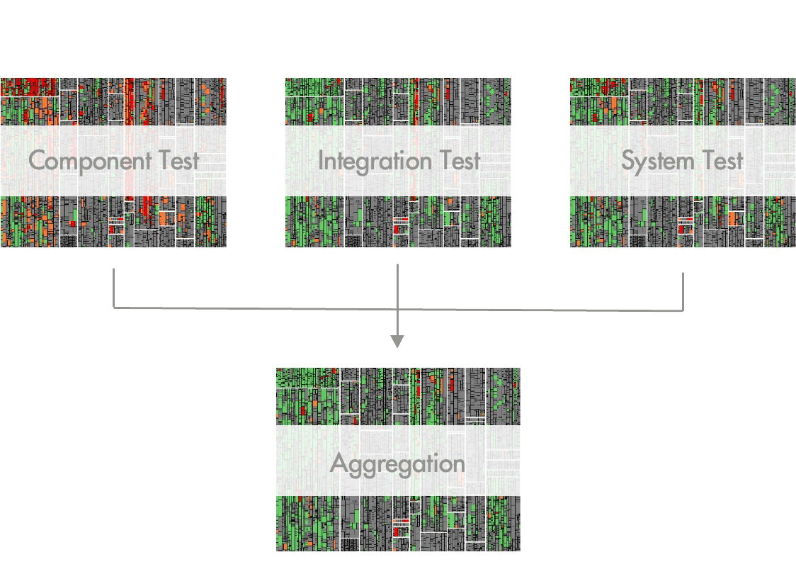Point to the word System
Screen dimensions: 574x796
(x=656, y=161)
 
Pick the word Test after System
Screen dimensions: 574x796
(x=720, y=161)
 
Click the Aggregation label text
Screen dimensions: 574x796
(x=397, y=464)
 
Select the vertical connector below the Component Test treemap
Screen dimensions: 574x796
(x=113, y=287)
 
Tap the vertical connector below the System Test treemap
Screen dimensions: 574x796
(x=683, y=291)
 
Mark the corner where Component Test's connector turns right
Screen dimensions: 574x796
(x=113, y=308)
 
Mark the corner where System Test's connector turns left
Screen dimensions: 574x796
(x=683, y=310)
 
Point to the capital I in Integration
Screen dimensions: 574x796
(x=321, y=161)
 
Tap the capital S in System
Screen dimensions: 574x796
(x=628, y=161)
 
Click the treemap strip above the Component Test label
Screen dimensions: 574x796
(x=113, y=101)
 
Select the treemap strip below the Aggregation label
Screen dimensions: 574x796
(x=397, y=524)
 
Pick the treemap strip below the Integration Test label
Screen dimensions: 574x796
(x=397, y=222)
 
